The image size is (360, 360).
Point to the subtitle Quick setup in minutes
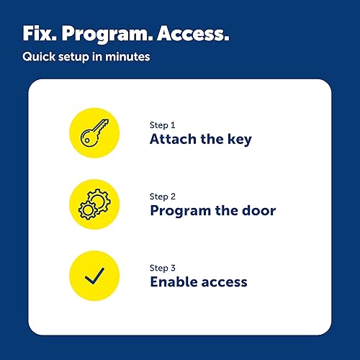[x=86, y=56]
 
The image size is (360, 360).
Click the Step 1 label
[x=163, y=124]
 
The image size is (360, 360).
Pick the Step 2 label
[x=163, y=195]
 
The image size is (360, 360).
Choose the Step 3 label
[x=163, y=266]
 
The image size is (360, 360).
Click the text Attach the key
[x=201, y=140]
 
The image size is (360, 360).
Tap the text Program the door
[x=213, y=211]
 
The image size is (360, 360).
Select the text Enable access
[x=199, y=282]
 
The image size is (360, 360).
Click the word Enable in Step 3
[x=172, y=282]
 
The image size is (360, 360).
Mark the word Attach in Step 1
[x=173, y=140]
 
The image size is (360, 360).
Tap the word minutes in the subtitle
[x=129, y=56]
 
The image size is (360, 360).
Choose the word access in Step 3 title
[x=224, y=282]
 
